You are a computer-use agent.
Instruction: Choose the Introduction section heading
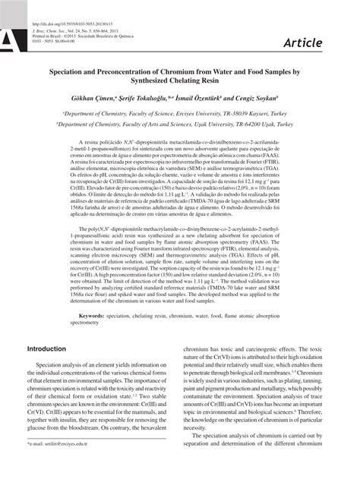pyautogui.click(x=47, y=350)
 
